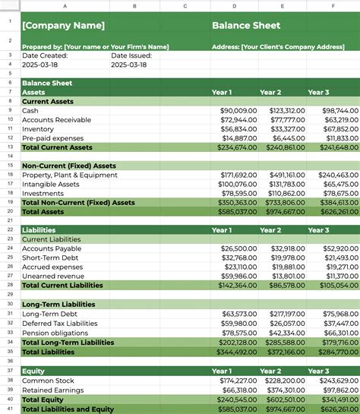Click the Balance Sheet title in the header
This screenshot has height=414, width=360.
pos(246,26)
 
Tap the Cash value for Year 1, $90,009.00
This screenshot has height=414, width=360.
pos(238,111)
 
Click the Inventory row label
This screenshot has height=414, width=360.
pos(38,129)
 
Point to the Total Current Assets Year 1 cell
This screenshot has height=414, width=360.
pos(237,147)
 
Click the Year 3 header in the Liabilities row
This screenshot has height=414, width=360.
pos(318,230)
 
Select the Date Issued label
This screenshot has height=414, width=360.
pos(131,55)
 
